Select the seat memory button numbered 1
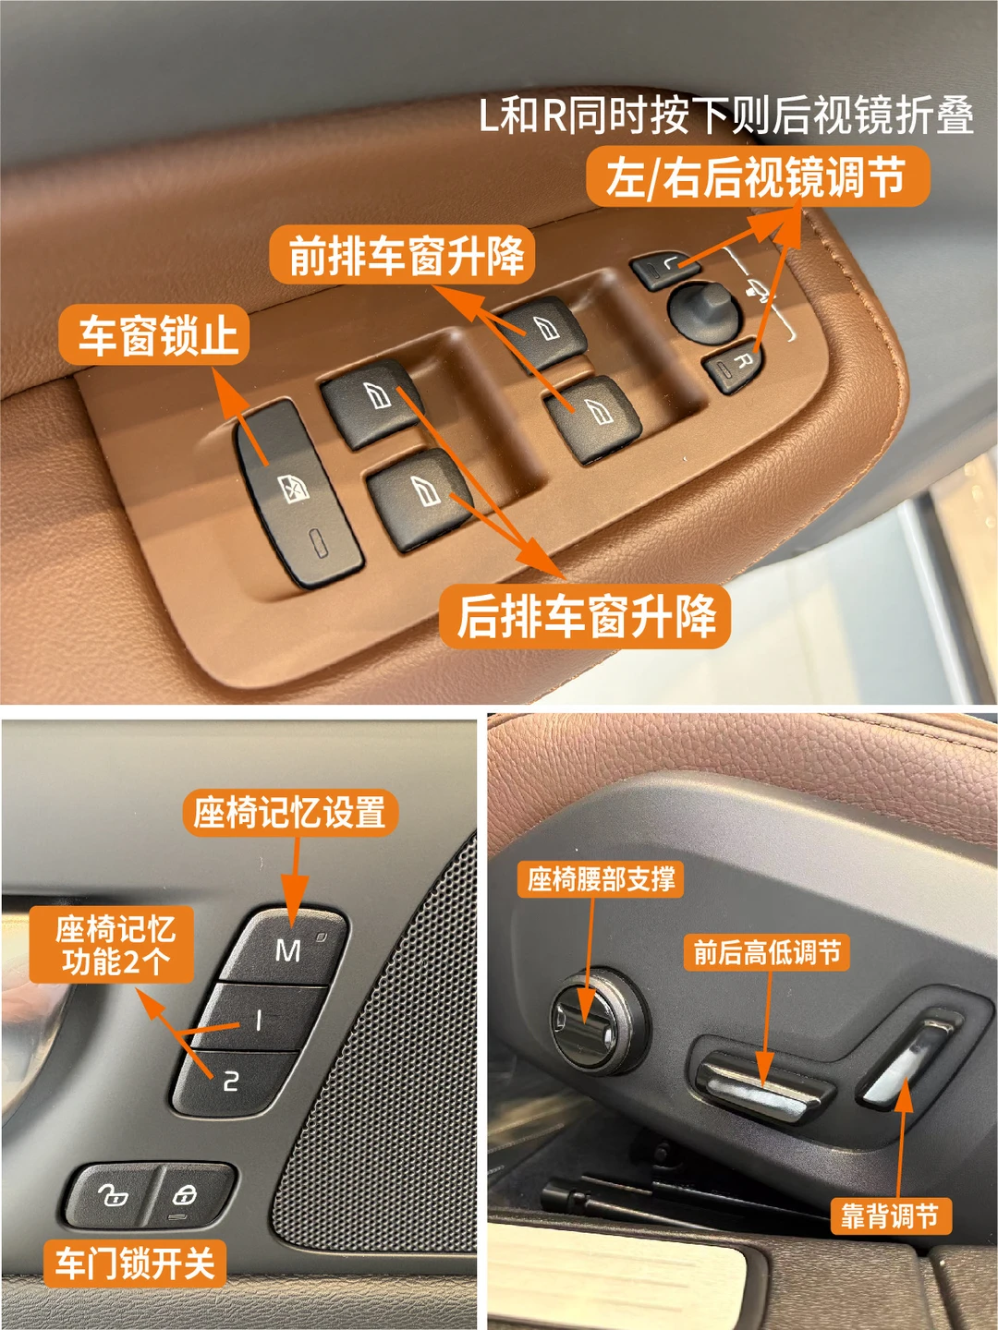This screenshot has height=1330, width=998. tap(258, 1021)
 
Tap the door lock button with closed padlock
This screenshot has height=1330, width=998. tap(191, 1195)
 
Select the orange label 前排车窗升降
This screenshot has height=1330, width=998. tap(402, 256)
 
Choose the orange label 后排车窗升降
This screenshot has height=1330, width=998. tap(585, 617)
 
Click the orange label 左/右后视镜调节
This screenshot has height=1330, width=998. tap(758, 176)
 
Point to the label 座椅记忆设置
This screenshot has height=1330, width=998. tap(289, 813)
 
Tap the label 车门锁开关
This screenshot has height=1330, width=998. tap(135, 1263)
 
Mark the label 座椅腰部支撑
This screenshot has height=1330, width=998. tap(601, 878)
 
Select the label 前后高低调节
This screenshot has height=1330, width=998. tap(767, 952)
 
